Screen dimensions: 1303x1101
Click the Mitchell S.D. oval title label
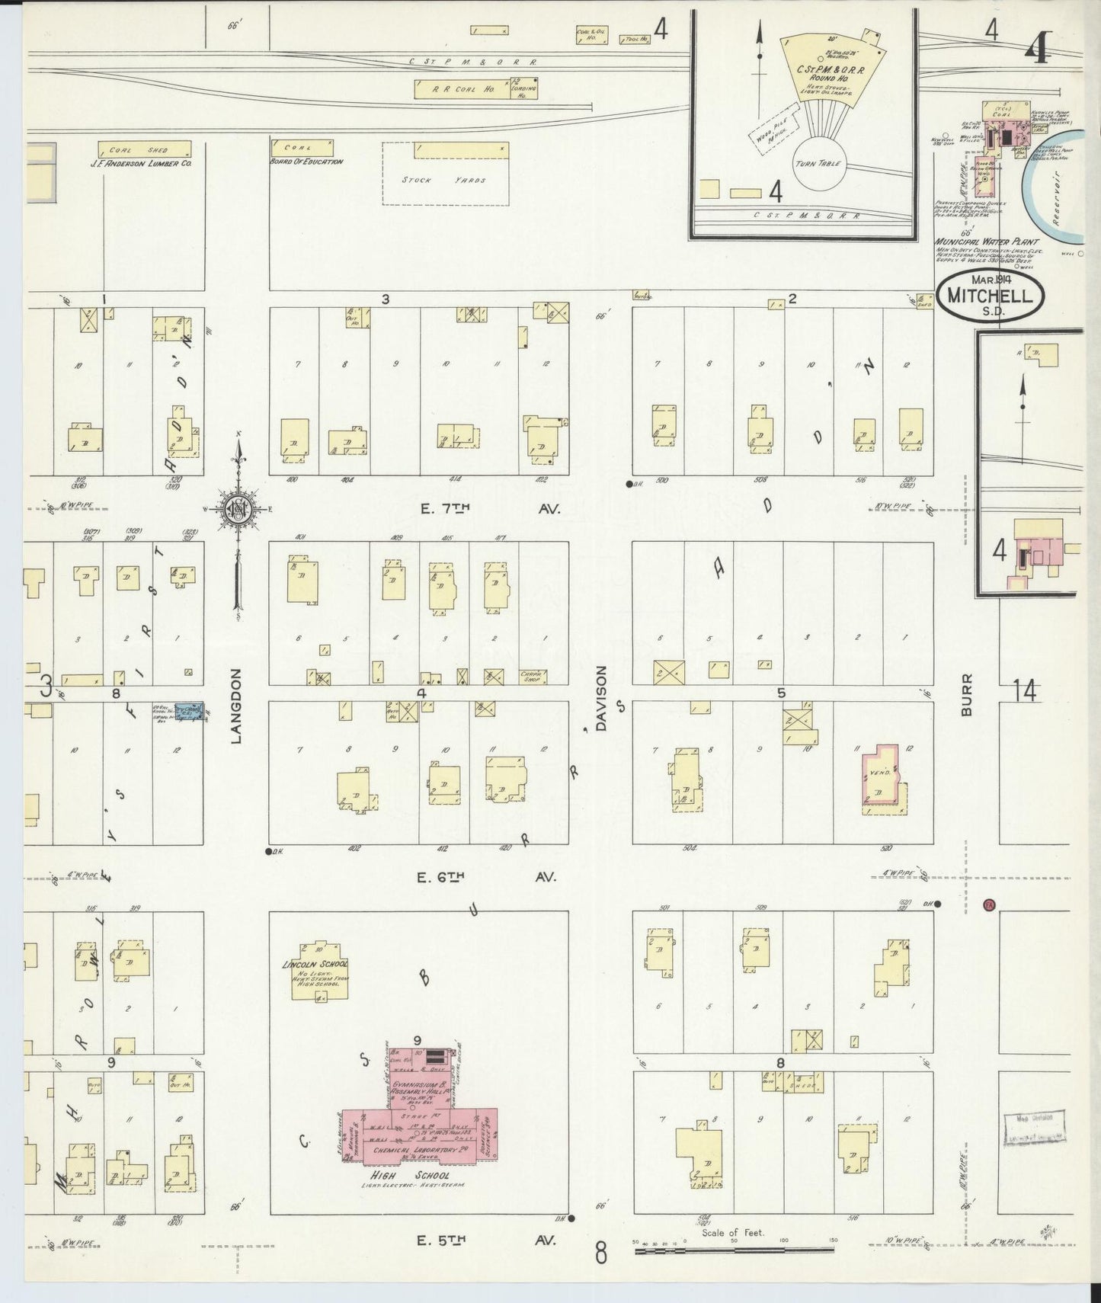(990, 296)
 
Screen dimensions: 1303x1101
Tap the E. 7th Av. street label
(490, 510)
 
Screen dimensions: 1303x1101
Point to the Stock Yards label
(445, 181)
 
